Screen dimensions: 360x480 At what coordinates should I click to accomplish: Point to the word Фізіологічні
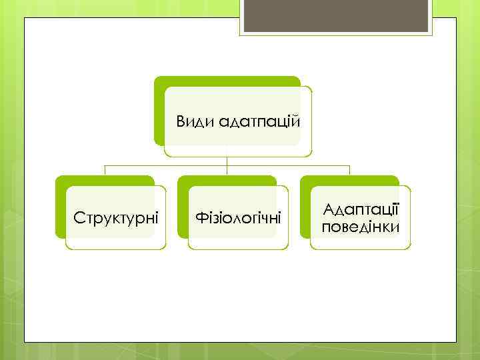tap(238, 218)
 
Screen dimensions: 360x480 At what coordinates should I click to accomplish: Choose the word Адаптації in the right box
tap(361, 209)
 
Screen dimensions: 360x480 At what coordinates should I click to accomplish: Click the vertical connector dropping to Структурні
tap(105, 170)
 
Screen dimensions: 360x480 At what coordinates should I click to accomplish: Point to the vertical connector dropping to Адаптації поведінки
tap(349, 170)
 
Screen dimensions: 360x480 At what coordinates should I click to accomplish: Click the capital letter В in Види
tap(180, 123)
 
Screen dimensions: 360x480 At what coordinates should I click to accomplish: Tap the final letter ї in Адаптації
tap(396, 209)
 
